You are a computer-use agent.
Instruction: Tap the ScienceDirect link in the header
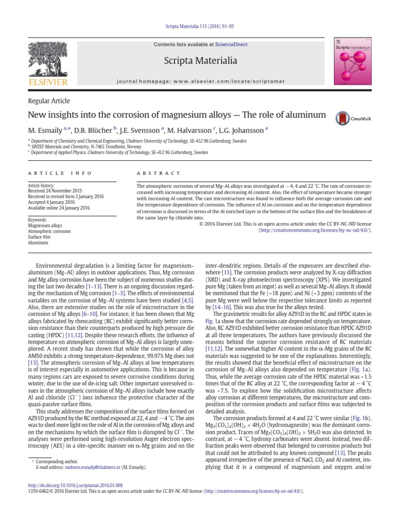[x=231, y=45]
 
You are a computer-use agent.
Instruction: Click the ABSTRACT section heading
[x=159, y=174]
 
